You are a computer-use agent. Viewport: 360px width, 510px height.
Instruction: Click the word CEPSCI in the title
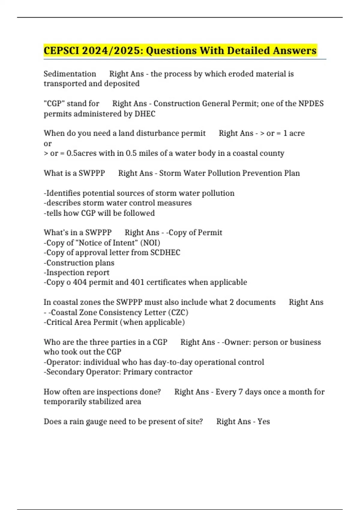click(x=61, y=50)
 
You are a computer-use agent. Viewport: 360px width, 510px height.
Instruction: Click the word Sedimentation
click(x=70, y=74)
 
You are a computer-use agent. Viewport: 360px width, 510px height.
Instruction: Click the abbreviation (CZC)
click(x=178, y=312)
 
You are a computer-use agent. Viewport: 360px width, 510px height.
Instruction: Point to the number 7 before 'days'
click(x=241, y=392)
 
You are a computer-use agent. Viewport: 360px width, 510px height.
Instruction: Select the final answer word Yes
click(x=264, y=421)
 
